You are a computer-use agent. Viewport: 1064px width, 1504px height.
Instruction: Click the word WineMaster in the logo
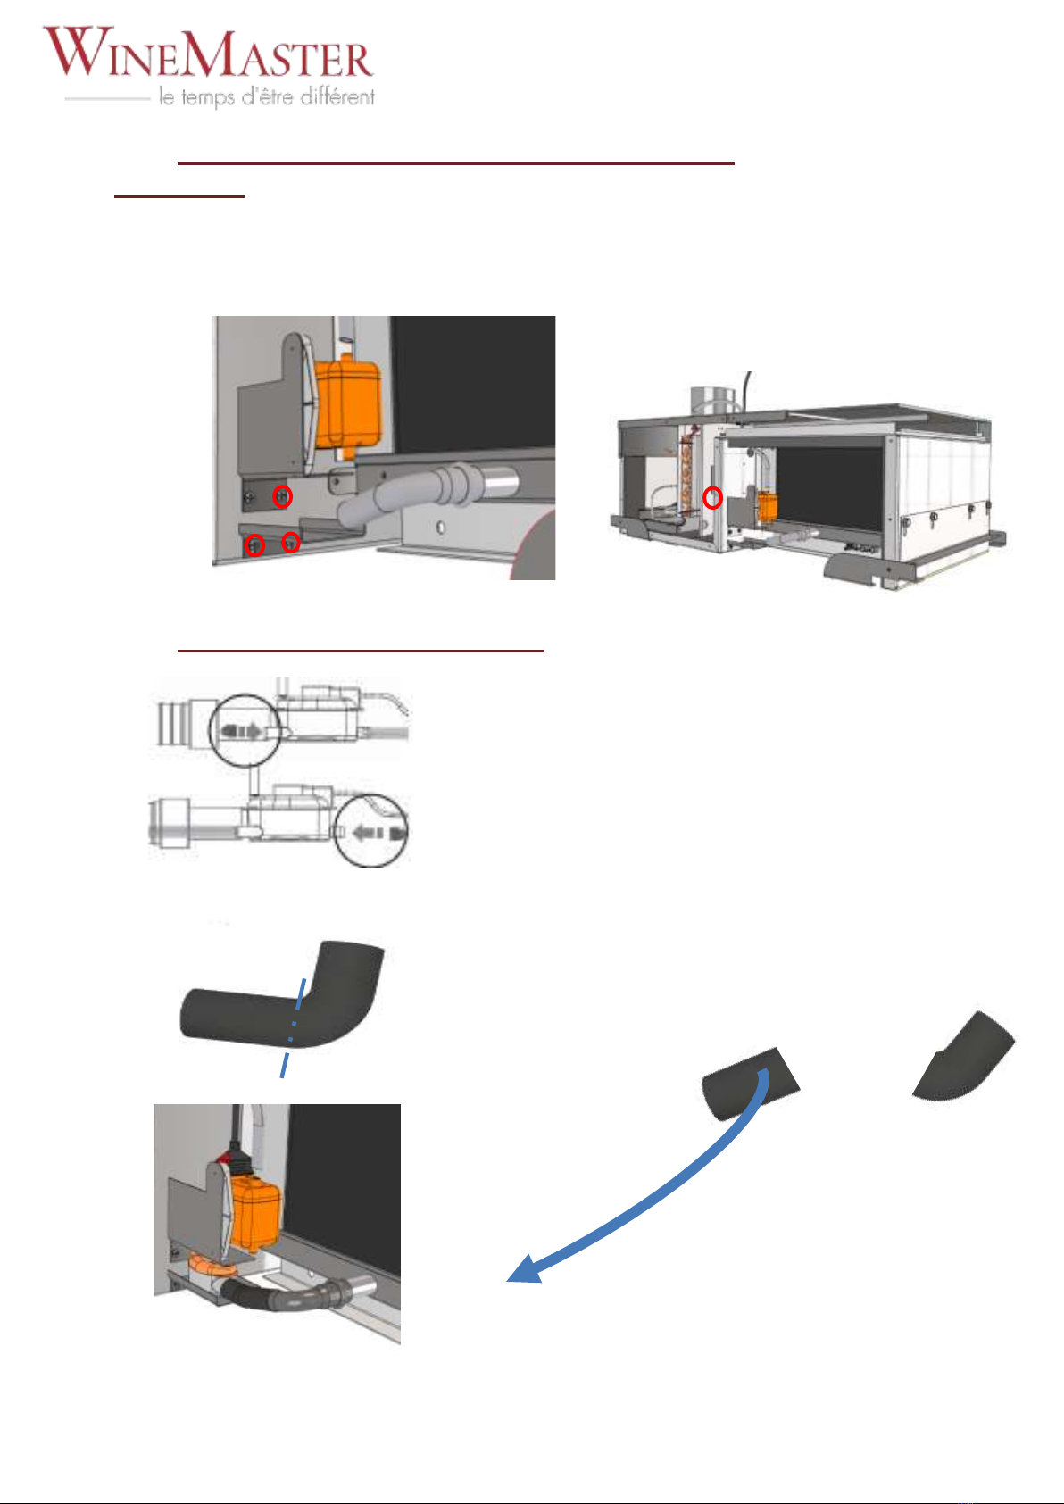click(x=208, y=52)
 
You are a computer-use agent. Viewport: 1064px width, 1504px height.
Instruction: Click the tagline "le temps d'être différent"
click(x=267, y=96)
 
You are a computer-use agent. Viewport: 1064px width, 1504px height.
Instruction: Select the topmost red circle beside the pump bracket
click(x=283, y=497)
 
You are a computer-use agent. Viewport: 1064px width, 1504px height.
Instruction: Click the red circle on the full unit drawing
click(x=712, y=497)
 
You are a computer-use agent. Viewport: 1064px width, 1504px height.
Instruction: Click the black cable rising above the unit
click(x=746, y=392)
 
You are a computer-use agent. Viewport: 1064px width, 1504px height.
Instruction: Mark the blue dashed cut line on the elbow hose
click(x=294, y=1028)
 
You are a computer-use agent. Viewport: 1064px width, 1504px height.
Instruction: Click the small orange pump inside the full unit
click(x=767, y=507)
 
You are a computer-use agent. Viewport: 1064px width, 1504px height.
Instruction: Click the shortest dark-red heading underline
click(x=180, y=196)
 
